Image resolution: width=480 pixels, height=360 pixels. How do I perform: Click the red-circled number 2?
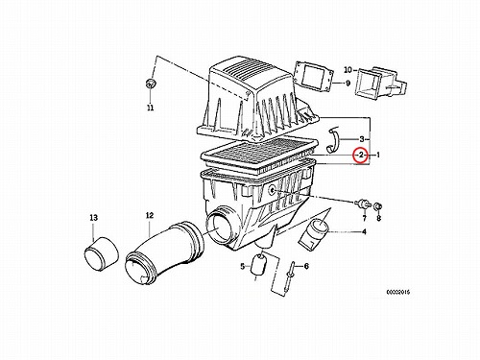[x=361, y=156]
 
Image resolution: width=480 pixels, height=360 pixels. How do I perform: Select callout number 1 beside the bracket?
[x=378, y=156]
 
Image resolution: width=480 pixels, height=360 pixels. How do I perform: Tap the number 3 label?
[x=362, y=139]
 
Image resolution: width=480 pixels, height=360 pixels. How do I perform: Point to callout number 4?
[x=364, y=231]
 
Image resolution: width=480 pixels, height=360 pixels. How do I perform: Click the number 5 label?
[x=242, y=266]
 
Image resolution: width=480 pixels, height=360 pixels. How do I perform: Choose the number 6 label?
[x=306, y=266]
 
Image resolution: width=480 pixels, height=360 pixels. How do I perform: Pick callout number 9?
[x=348, y=84]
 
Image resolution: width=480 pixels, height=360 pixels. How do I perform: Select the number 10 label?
[x=348, y=70]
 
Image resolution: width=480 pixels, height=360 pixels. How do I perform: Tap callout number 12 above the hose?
[x=150, y=215]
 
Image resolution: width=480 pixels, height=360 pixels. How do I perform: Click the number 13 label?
[x=93, y=218]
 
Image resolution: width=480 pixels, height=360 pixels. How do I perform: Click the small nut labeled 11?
[x=150, y=84]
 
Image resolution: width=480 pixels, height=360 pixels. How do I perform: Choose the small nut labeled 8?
[x=378, y=205]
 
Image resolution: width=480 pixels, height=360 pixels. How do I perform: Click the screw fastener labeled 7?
[x=362, y=204]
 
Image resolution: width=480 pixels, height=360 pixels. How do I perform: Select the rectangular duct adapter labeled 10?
[x=380, y=82]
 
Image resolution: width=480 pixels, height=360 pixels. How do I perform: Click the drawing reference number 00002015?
[x=397, y=292]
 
